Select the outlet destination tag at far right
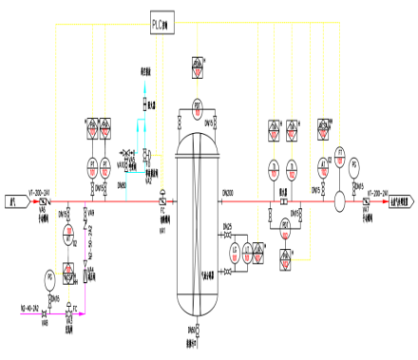tap(398, 201)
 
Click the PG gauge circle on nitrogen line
tap(49, 277)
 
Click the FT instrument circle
tap(339, 155)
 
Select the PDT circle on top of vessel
tap(198, 104)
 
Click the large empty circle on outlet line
tap(338, 200)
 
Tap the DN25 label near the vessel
tap(228, 226)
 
